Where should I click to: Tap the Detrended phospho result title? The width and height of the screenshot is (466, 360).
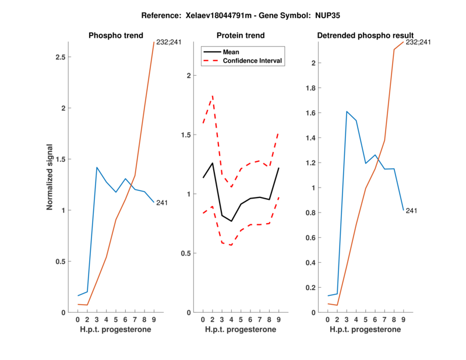coord(365,36)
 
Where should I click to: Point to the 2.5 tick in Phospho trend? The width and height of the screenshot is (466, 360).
coord(59,57)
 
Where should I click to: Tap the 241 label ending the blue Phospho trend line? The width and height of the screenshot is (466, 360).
coord(163,203)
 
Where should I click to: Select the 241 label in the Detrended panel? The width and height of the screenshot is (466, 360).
coord(412,210)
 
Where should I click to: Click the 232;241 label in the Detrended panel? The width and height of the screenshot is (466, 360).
coord(418,42)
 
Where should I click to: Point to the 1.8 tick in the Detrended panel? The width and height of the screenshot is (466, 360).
coord(315,88)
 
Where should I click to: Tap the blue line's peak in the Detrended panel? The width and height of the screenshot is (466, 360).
coord(347,111)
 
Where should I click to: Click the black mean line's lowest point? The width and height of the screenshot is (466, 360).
coord(231,221)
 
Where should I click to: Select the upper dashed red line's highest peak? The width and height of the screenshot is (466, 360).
coord(213,96)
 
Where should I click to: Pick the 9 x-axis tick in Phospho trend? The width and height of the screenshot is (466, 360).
coord(154,320)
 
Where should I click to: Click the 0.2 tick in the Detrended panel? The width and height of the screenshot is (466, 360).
coord(315,287)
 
